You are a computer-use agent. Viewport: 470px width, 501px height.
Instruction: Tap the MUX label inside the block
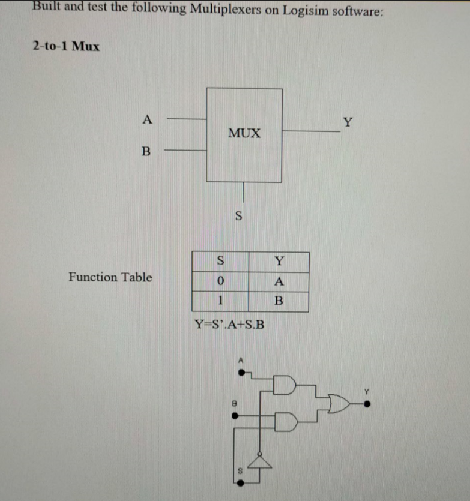pyautogui.click(x=244, y=133)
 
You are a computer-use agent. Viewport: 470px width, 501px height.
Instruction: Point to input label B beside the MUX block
pyautogui.click(x=145, y=151)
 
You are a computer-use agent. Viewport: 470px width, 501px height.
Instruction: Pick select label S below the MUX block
pyautogui.click(x=239, y=216)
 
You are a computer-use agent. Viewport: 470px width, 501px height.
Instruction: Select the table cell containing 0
pyautogui.click(x=220, y=281)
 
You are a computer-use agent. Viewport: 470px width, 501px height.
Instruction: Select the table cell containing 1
pyautogui.click(x=220, y=301)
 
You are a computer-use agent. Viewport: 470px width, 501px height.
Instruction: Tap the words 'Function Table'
pyautogui.click(x=110, y=277)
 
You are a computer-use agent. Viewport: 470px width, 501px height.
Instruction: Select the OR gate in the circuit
pyautogui.click(x=339, y=404)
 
